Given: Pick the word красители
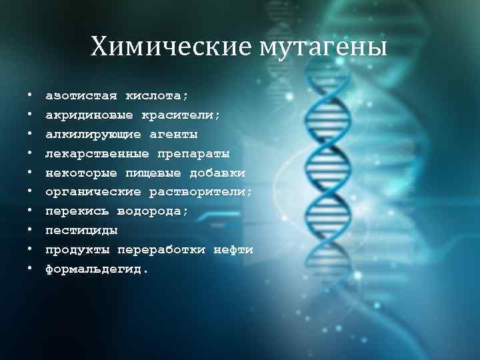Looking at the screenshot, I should (180, 115).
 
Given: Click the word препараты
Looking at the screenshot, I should (193, 154).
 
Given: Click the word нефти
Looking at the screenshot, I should (234, 250).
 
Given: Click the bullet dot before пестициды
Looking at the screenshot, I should (30, 231).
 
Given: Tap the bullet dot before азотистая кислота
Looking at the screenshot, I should (30, 96).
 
